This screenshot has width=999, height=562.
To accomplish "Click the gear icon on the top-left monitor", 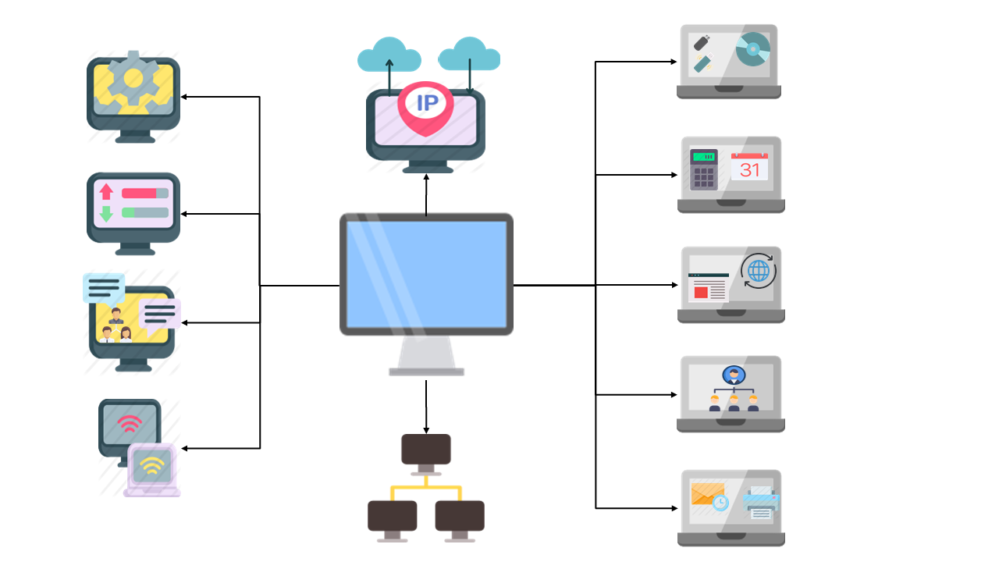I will coord(133,78).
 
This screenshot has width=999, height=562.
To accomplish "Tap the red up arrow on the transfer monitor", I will coord(106,192).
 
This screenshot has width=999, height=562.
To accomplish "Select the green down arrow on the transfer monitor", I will coord(106,213).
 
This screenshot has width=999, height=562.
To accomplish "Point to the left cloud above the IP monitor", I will coord(389,55).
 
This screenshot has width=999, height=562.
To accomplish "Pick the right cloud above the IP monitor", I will coord(469,54).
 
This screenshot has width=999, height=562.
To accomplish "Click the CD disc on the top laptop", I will coord(752,49).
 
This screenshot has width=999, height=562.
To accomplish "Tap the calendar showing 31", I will coord(749,166).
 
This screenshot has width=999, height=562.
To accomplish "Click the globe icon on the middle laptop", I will coord(758,270).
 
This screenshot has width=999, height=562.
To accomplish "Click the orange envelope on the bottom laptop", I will coord(707,494).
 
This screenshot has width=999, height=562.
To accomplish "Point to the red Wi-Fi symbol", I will coord(130,425).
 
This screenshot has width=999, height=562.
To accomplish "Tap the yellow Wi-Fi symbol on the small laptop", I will coord(151,467).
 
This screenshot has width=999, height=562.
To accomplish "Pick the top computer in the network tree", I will coord(425,451).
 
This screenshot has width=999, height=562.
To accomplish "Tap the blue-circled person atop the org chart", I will coord(733,375).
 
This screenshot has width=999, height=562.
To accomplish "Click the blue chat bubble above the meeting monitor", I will coord(103,287).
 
